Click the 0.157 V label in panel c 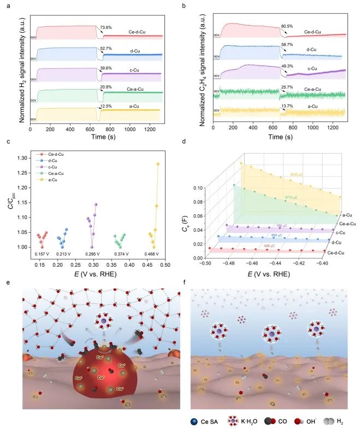point(40,254)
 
